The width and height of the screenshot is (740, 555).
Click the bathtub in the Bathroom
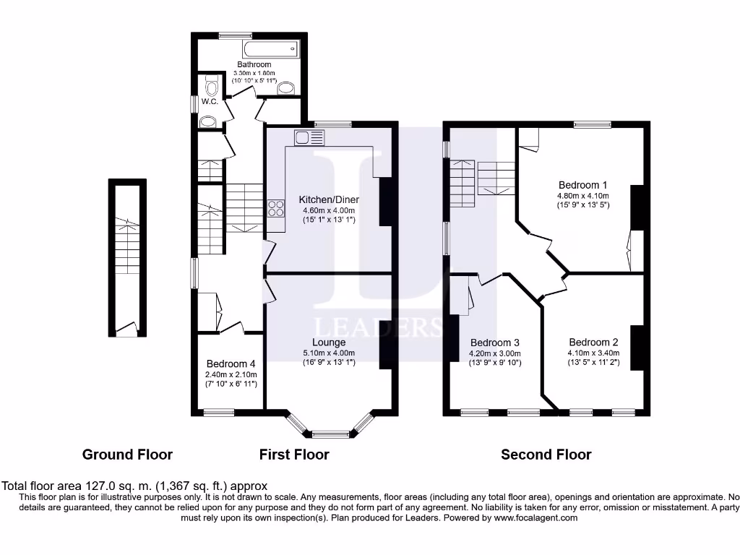[x=270, y=50]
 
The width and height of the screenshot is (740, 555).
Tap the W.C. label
[x=210, y=102]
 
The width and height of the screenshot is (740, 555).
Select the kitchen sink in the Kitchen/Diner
[x=310, y=137]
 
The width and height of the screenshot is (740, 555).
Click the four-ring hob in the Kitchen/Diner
[x=276, y=209]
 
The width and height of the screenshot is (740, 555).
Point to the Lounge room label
[x=329, y=342]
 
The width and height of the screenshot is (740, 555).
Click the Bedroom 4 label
[x=231, y=363]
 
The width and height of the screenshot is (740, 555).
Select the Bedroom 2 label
[x=593, y=342]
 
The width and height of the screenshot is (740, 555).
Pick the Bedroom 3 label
[x=495, y=342]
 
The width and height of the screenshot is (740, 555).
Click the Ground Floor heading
[x=127, y=455]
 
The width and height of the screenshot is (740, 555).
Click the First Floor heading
[x=294, y=455]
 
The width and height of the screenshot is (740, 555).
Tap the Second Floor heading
[x=546, y=455]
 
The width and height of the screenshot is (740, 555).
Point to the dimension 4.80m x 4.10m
[x=582, y=195]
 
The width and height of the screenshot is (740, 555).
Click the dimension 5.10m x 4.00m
[x=329, y=353]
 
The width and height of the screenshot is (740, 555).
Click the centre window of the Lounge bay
[x=331, y=435]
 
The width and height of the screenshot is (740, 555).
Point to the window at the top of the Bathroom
[x=236, y=35]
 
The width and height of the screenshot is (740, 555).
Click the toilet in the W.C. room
[x=211, y=87]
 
